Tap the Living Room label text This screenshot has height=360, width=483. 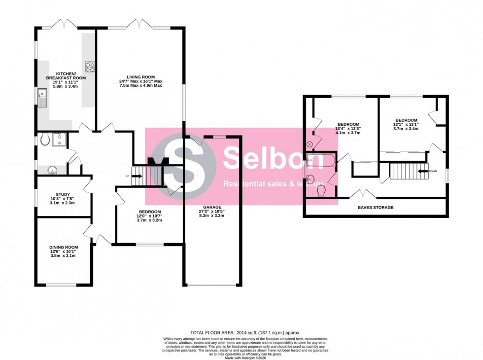140,77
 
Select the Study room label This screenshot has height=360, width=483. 63,194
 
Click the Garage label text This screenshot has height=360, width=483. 212,207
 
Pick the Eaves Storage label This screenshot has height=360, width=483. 376,208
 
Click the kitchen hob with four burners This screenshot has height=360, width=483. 90,67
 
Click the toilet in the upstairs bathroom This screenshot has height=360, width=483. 321,190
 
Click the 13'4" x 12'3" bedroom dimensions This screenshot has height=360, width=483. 348,130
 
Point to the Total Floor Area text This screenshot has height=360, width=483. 245,333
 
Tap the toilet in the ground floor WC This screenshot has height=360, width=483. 46,141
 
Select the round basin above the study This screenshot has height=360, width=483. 53,171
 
